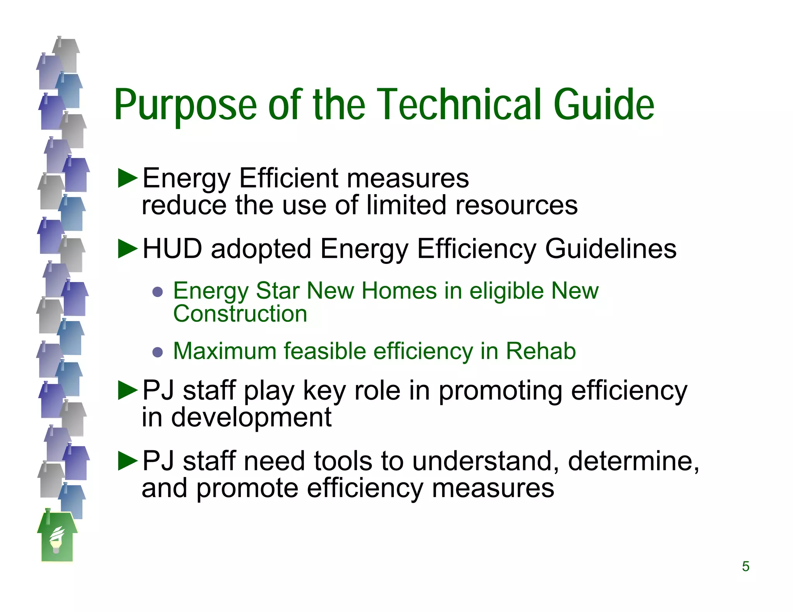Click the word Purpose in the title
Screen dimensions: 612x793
(x=185, y=105)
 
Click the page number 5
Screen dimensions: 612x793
(x=745, y=567)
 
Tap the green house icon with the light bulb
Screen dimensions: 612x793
(x=57, y=538)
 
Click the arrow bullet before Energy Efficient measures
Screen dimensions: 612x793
(x=128, y=178)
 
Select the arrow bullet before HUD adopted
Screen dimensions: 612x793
(x=128, y=249)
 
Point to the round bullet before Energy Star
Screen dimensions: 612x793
(x=158, y=291)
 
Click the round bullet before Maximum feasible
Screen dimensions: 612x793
(x=158, y=352)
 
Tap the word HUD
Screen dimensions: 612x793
(x=172, y=249)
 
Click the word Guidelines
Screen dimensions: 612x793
(x=611, y=249)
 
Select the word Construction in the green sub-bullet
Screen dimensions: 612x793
(x=240, y=313)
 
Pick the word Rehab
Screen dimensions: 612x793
(x=541, y=351)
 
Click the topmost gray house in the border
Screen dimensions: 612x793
(x=67, y=54)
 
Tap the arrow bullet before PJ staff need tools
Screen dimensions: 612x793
(x=128, y=461)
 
